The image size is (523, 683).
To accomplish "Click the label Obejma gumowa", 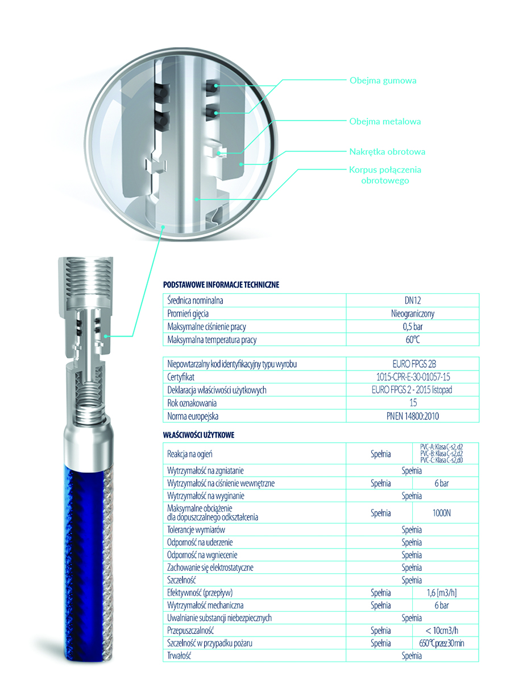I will point(383,80).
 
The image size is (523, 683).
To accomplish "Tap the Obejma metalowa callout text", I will point(385,121).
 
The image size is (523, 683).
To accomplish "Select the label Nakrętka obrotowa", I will point(387,151).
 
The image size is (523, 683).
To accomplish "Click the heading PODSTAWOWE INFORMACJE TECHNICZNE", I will point(221,285).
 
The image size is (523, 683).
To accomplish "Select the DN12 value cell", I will point(413,300).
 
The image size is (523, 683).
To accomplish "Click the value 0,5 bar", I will point(413,327).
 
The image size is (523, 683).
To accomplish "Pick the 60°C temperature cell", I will point(413,340).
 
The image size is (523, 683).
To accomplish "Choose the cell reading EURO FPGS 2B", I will point(413,364).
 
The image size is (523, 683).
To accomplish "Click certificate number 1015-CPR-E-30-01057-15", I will point(413,377).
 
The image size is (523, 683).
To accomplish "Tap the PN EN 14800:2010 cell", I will point(413,416).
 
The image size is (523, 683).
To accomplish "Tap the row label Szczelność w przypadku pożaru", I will point(210,643).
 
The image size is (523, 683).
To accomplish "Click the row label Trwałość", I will point(179,656).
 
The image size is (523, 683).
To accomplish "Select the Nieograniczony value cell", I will point(413,314).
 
